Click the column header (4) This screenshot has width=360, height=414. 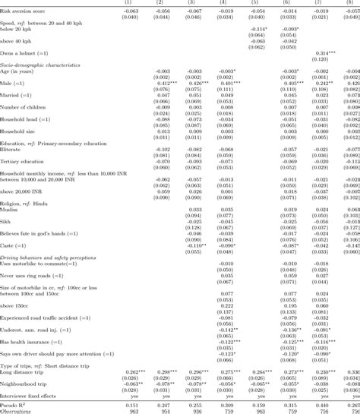point(226,3)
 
